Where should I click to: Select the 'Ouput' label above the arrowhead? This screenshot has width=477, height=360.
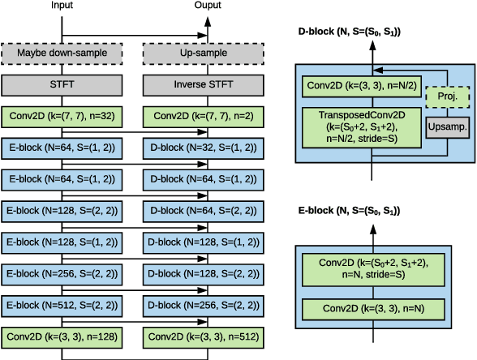[207, 6]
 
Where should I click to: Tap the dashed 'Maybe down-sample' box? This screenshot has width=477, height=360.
[62, 54]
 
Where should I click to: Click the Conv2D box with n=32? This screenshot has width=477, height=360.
[62, 118]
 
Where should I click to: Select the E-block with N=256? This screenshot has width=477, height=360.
[62, 272]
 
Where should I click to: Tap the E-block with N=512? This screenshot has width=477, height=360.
[62, 304]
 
